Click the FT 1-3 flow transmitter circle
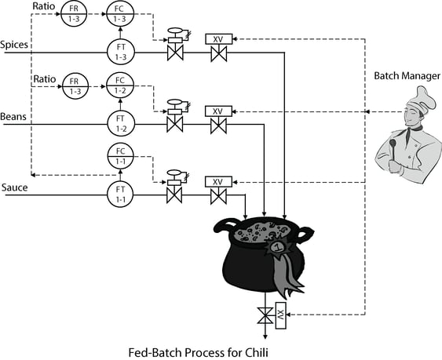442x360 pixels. pyautogui.click(x=121, y=52)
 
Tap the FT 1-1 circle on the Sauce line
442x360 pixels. pyautogui.click(x=121, y=194)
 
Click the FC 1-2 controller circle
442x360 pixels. pyautogui.click(x=121, y=84)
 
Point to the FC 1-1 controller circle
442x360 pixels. pyautogui.click(x=121, y=155)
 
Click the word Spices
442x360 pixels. pyautogui.click(x=15, y=45)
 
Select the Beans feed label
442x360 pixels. pyautogui.click(x=13, y=115)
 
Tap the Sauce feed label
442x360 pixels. pyautogui.click(x=14, y=187)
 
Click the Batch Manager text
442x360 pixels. pyautogui.click(x=406, y=75)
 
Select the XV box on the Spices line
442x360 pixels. pyautogui.click(x=218, y=38)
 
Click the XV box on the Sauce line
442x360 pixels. pyautogui.click(x=218, y=181)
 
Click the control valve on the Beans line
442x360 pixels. pyautogui.click(x=175, y=123)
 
